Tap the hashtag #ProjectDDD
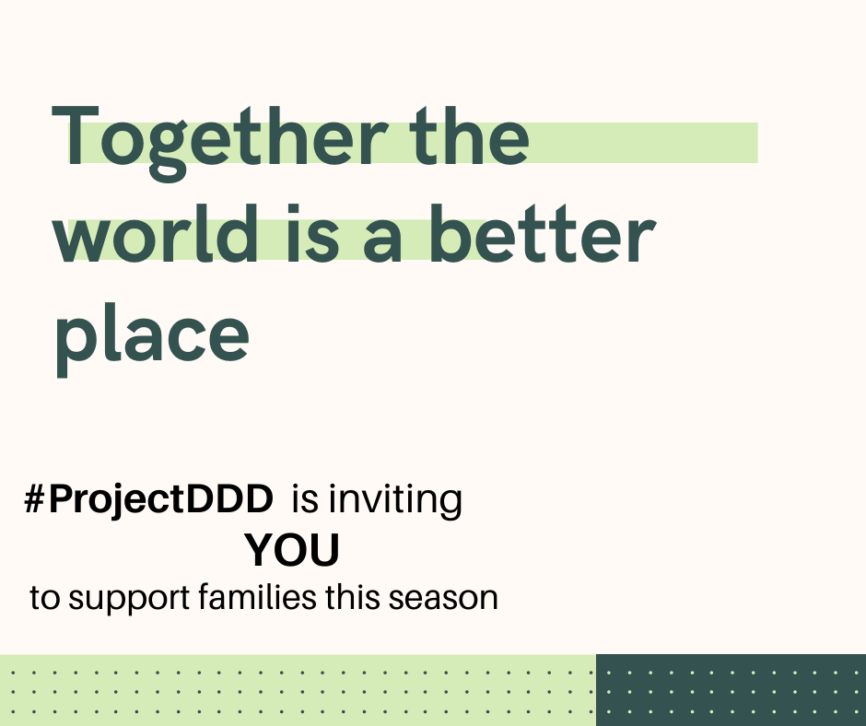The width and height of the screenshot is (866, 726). tap(149, 500)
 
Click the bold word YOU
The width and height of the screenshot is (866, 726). tap(292, 551)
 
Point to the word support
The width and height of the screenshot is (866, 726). tap(128, 599)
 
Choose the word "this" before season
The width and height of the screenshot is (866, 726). tap(354, 597)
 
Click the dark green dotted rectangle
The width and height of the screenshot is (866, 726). tap(731, 689)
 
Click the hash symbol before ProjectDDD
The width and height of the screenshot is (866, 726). tap(35, 499)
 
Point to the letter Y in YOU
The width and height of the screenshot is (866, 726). tap(259, 551)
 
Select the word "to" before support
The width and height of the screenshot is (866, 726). tap(43, 599)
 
